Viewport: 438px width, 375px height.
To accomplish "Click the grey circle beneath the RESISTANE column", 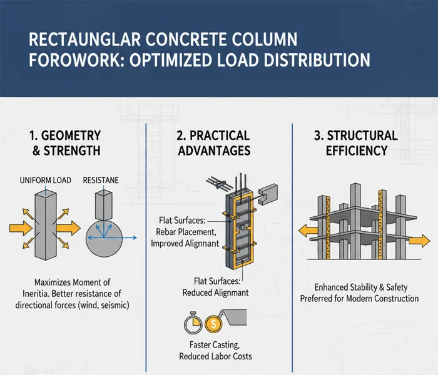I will tap(104, 241).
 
